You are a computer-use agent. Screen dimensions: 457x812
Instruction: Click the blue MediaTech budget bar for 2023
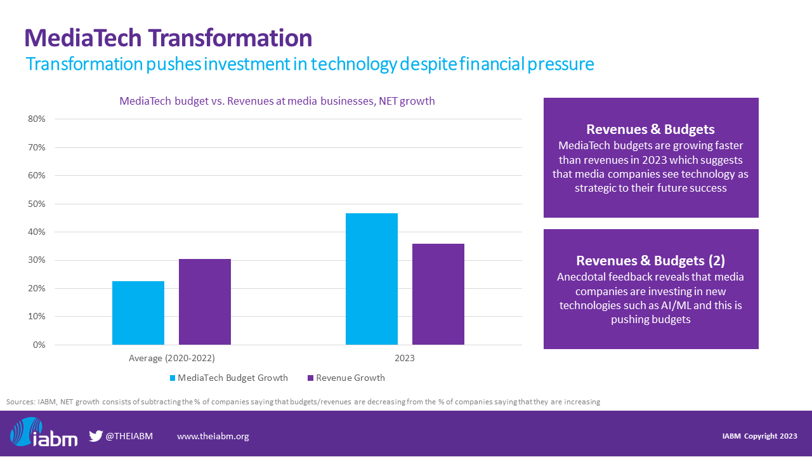[372, 279]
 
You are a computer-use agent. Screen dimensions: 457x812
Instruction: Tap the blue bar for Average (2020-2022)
[138, 313]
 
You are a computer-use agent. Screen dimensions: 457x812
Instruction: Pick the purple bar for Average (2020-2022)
[205, 301]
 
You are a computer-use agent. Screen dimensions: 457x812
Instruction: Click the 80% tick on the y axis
[36, 119]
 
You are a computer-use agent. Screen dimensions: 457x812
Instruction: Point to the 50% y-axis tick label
[36, 204]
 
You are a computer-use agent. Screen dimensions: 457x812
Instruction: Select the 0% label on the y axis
[39, 345]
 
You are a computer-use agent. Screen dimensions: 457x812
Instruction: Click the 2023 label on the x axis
[405, 359]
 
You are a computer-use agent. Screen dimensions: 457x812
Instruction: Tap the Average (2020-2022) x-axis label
[171, 359]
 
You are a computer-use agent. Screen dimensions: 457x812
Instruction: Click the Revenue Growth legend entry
[350, 378]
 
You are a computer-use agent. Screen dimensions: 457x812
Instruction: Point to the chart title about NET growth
[277, 101]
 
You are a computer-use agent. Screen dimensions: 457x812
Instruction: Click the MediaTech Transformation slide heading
[168, 38]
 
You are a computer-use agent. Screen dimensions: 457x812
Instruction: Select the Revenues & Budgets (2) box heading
[650, 260]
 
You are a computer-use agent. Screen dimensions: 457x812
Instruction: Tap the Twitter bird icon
[96, 436]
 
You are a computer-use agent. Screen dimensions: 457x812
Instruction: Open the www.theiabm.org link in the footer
[213, 436]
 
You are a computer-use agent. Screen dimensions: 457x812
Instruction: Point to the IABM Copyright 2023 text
[759, 436]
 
